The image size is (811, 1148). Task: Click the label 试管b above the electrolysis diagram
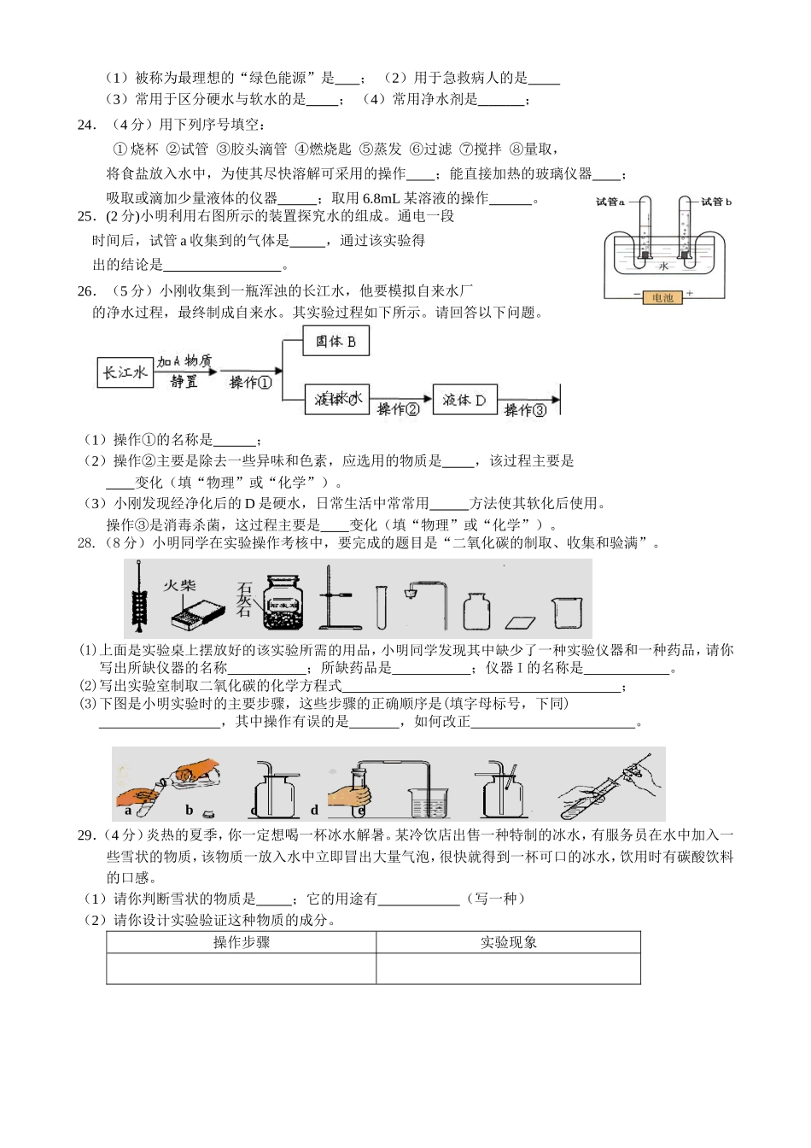[x=715, y=202]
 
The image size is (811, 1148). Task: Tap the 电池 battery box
[x=662, y=298]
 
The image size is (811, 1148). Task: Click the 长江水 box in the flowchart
[x=125, y=372]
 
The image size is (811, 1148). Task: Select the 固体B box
[x=335, y=342]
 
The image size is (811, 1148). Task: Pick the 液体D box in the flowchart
[x=464, y=399]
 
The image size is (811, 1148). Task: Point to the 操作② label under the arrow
[x=399, y=410]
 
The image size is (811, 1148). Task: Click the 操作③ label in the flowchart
[x=524, y=410]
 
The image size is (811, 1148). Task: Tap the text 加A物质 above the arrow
[x=184, y=360]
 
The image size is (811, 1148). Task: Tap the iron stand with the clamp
[x=335, y=600]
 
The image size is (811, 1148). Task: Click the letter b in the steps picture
[x=190, y=811]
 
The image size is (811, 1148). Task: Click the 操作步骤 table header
[x=241, y=942]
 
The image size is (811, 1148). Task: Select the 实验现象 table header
[x=508, y=942]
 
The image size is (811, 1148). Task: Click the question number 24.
[x=86, y=125]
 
